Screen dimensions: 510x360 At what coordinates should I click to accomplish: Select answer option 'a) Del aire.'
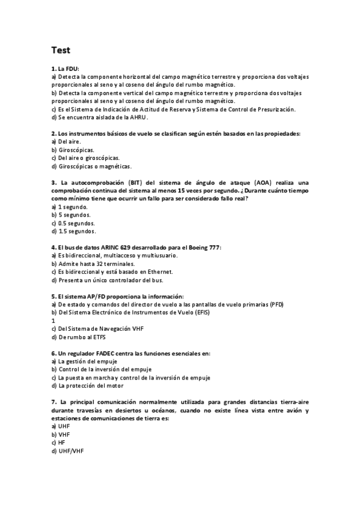pyautogui.click(x=65, y=141)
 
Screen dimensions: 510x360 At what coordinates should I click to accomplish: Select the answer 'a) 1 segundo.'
pyautogui.click(x=70, y=206)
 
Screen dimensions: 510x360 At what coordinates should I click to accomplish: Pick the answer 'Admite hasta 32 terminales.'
pyautogui.click(x=96, y=263)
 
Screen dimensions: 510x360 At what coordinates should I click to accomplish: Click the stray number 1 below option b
pyautogui.click(x=53, y=321)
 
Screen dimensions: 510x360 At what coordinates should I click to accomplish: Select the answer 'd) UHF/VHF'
pyautogui.click(x=67, y=450)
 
